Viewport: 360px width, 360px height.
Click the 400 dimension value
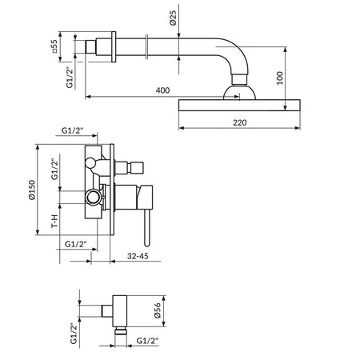tap(162, 90)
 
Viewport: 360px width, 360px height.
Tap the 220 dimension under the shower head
tap(240, 122)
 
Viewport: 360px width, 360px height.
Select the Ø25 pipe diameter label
tap(173, 18)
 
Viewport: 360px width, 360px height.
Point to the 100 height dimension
tap(279, 78)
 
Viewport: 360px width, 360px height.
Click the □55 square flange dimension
tap(54, 46)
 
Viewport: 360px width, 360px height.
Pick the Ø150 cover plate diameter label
tap(32, 190)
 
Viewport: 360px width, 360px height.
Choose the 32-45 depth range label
tap(138, 256)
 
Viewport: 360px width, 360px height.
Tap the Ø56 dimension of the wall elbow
tap(158, 310)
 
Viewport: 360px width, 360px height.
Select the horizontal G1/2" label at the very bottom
tap(147, 341)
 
